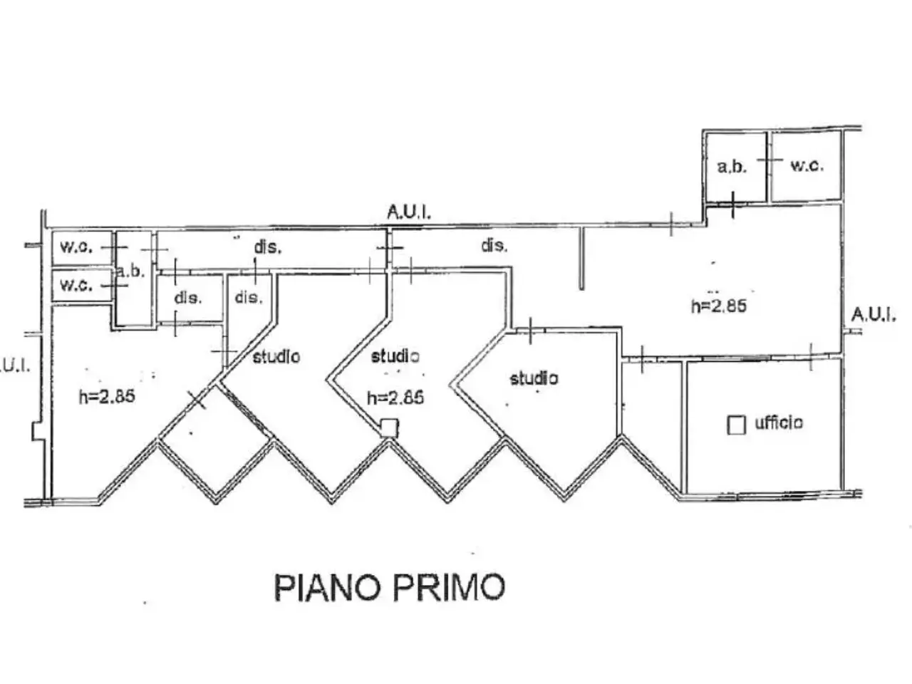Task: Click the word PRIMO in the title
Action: [449, 587]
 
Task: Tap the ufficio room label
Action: [779, 423]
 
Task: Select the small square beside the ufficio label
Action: [736, 425]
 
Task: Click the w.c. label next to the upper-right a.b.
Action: [807, 165]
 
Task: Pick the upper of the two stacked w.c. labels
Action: [76, 247]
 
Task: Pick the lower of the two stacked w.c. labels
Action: [76, 285]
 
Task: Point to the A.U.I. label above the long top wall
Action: [409, 212]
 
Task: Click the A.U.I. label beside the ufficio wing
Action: [874, 315]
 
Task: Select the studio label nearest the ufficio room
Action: [534, 378]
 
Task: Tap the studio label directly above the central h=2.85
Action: [395, 356]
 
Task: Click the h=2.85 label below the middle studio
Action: [395, 398]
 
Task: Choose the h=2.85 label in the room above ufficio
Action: [719, 306]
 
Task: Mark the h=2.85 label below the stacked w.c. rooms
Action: [107, 396]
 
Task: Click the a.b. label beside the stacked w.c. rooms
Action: [131, 271]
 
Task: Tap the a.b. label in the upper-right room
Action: [732, 167]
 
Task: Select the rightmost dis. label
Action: [494, 246]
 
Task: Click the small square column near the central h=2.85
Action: [390, 427]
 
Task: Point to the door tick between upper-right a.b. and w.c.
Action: [769, 160]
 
